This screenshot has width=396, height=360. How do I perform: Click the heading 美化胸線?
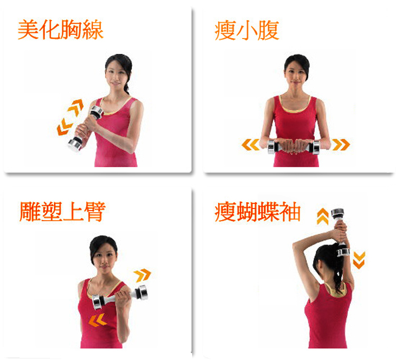click(x=61, y=30)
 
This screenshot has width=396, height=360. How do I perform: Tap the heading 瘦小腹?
click(x=247, y=30)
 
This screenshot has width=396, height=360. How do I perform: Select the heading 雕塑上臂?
click(x=62, y=212)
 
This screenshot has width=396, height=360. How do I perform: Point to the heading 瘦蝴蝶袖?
click(x=257, y=212)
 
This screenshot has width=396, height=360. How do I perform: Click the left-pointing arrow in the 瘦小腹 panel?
click(x=250, y=145)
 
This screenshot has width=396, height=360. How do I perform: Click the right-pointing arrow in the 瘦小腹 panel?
click(x=341, y=145)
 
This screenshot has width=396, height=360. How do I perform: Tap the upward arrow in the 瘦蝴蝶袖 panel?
click(x=323, y=216)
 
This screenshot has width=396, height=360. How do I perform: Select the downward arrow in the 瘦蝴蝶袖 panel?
click(x=359, y=260)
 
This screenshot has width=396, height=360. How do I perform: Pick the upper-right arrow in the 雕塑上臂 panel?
click(x=142, y=275)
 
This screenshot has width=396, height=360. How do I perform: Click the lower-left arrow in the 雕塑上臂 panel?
click(x=98, y=320)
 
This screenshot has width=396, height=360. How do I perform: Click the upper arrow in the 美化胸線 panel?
click(x=76, y=107)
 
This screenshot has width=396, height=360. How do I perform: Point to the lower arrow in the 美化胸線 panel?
click(x=64, y=127)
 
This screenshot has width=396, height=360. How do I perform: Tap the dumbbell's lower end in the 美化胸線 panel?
click(x=75, y=145)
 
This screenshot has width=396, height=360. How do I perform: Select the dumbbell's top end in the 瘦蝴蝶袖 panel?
click(x=338, y=213)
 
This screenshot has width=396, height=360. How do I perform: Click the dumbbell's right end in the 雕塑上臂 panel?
click(x=142, y=292)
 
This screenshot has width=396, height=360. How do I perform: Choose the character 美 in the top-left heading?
click(x=28, y=30)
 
